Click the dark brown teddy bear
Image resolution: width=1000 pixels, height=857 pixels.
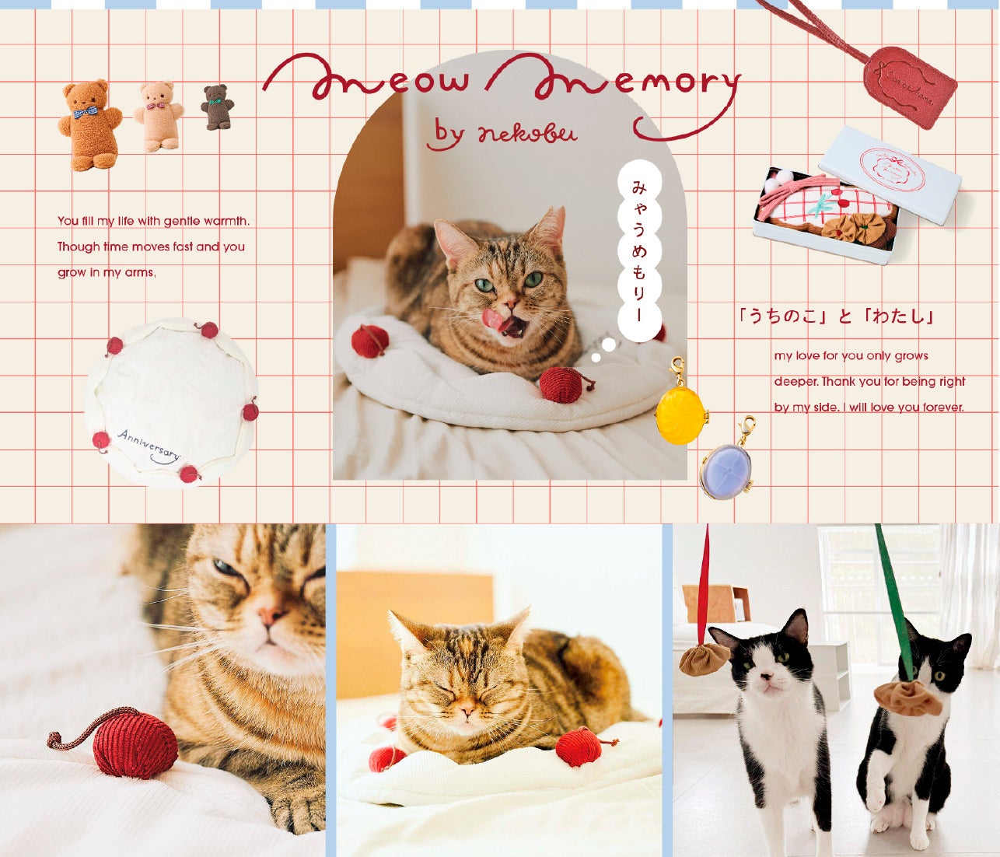(x=217, y=107)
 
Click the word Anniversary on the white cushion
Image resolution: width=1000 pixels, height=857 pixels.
(x=149, y=445)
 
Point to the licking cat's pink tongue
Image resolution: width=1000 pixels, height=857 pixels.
(x=494, y=318)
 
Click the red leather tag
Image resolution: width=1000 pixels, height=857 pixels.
(x=910, y=88)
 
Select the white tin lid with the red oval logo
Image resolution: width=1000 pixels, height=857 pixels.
(x=896, y=175)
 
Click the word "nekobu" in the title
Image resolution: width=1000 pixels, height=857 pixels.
(x=527, y=131)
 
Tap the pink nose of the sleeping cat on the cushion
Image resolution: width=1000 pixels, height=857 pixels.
(x=467, y=711)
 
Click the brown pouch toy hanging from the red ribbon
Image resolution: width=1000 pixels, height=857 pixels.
(x=704, y=660)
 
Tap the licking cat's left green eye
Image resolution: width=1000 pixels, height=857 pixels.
(x=484, y=285)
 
